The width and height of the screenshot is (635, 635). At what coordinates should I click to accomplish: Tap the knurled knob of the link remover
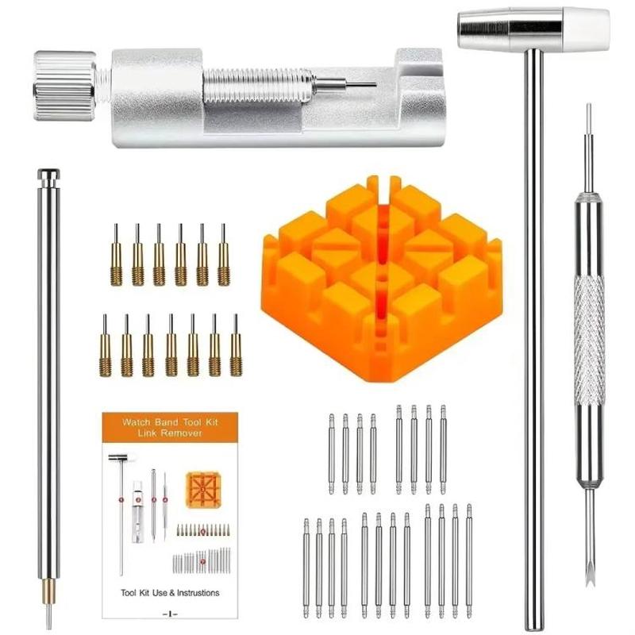pos(63,86)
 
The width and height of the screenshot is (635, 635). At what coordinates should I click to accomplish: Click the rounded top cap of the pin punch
pos(48,175)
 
